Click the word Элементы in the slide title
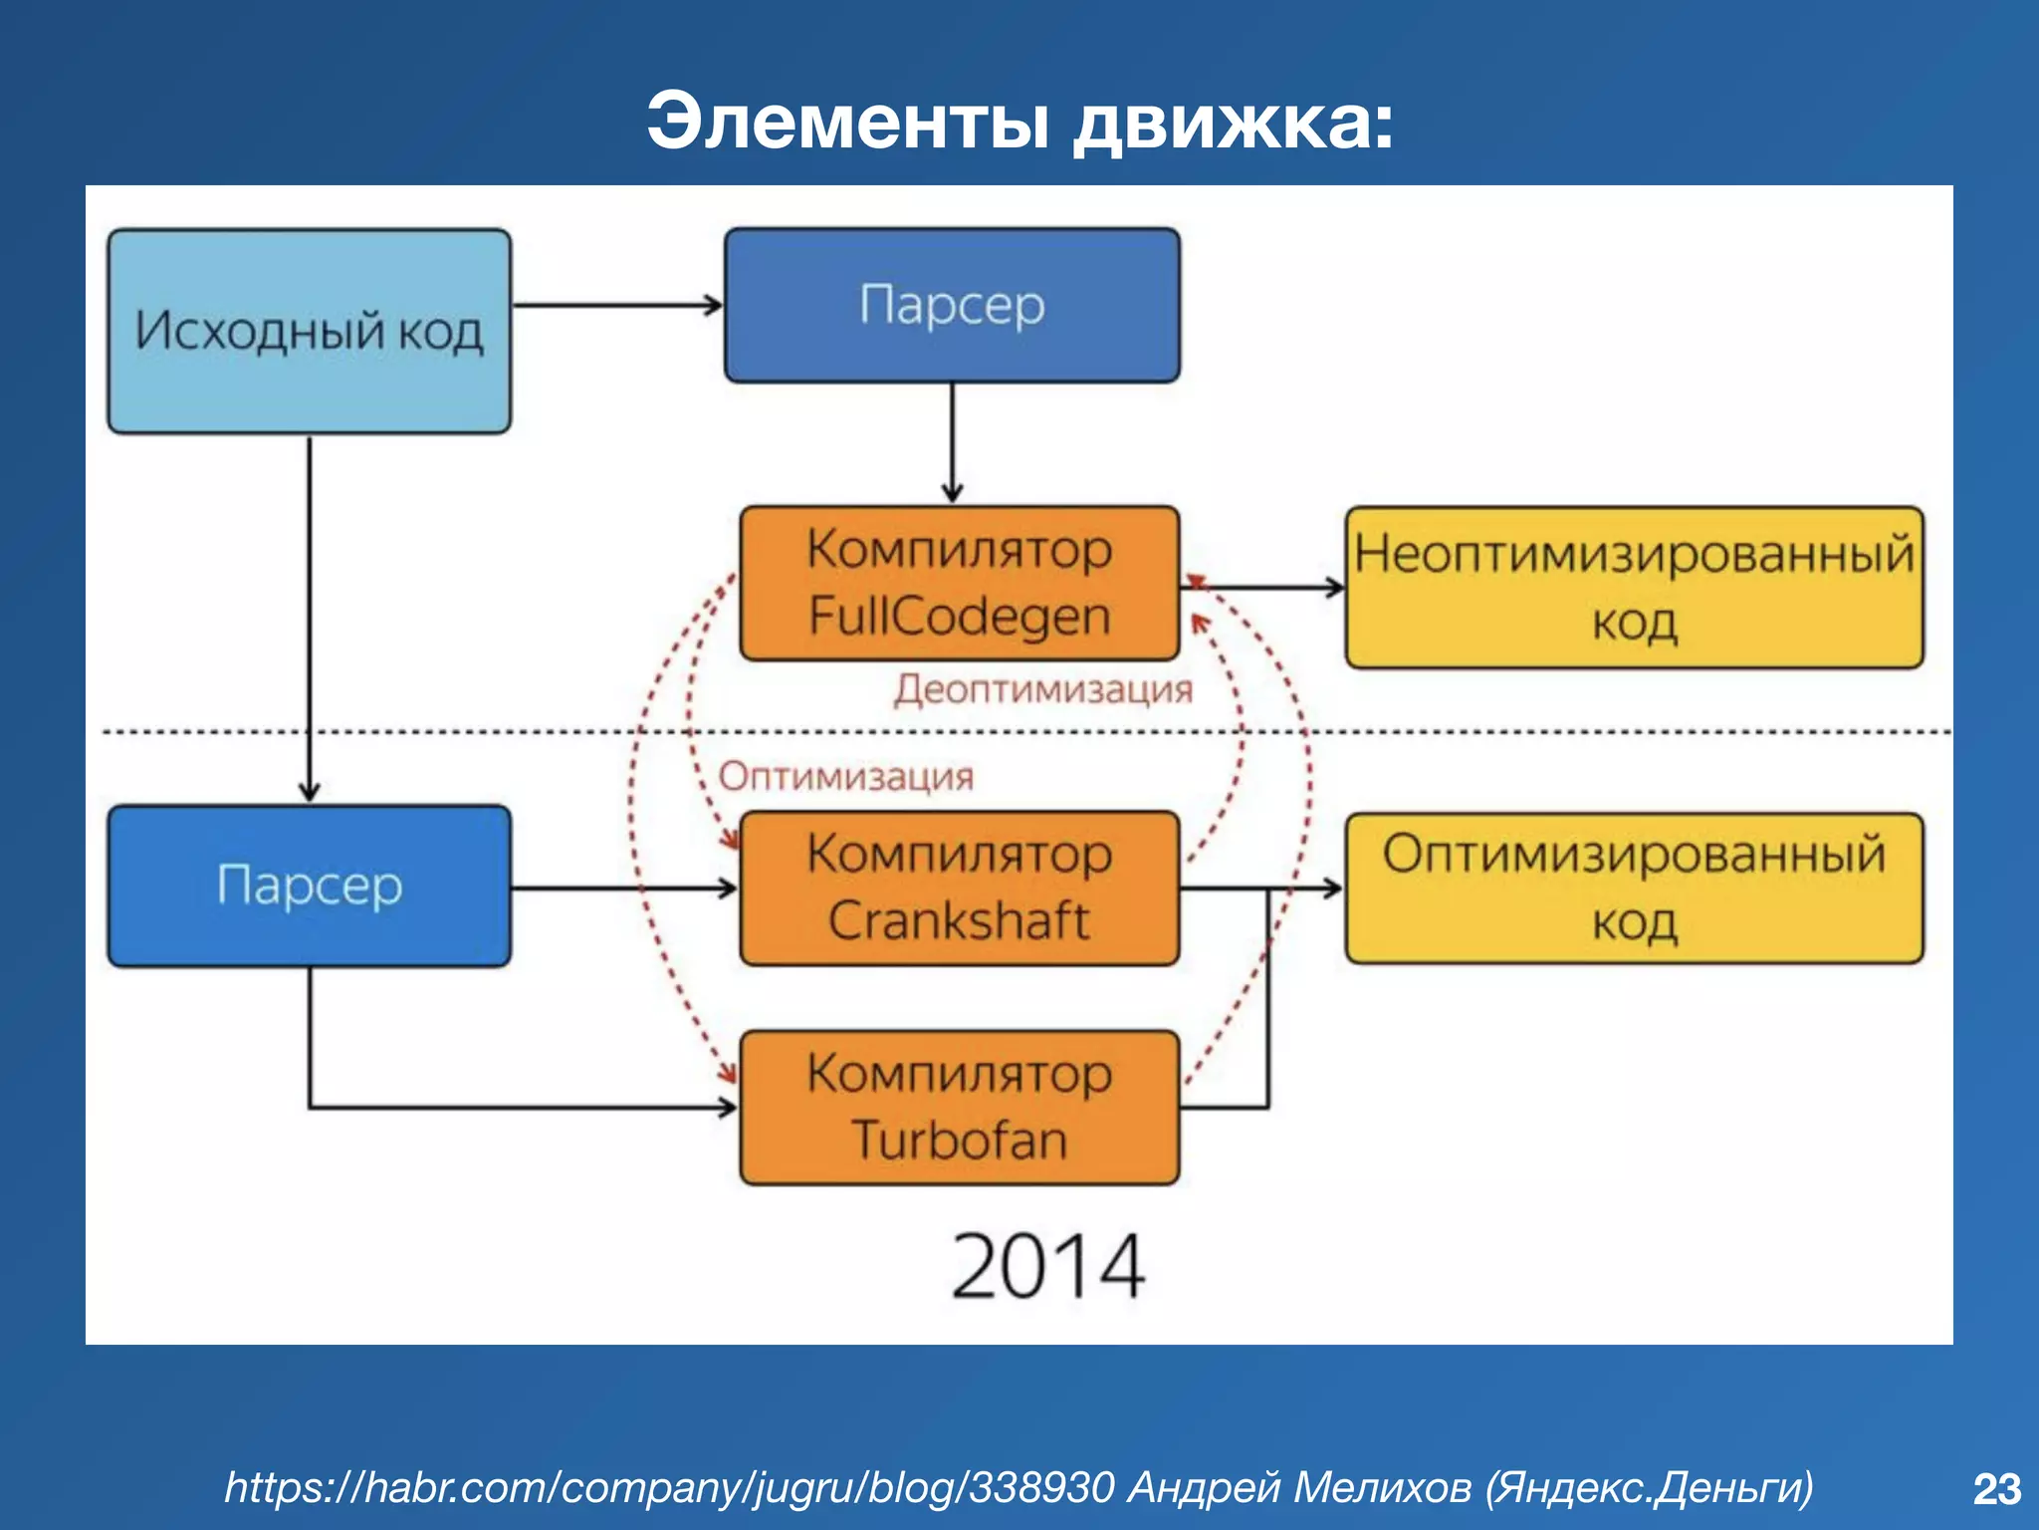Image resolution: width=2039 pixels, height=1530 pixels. coord(847,123)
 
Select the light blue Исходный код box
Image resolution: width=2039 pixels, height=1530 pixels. coord(309,331)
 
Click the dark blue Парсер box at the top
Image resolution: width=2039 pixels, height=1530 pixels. coord(952,305)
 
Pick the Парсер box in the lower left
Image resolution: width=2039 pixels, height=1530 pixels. coord(309,886)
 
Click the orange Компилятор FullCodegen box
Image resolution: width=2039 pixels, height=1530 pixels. coord(959,583)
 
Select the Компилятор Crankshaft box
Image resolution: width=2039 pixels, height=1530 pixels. coord(959,888)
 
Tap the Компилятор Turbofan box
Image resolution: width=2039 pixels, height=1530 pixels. coord(959,1107)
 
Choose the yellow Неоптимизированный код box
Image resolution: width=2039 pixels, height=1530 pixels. coord(1634,587)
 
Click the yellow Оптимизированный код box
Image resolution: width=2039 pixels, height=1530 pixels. coord(1634,888)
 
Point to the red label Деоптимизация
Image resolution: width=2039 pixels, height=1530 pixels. coord(1042,689)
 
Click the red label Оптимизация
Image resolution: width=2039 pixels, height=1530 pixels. coord(845,776)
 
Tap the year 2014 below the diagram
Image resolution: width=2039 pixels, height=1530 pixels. coord(1047,1266)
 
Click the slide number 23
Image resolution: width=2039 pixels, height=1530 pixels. coord(1996,1489)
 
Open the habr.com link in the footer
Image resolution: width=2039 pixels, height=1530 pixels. coord(668,1487)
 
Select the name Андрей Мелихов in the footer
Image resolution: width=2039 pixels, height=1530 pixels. coord(1298,1487)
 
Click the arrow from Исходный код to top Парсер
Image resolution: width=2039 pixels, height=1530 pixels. coord(617,305)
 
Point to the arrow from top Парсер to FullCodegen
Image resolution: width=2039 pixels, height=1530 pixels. coord(952,443)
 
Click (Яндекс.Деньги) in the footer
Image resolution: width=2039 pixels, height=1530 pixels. coord(1649,1487)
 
